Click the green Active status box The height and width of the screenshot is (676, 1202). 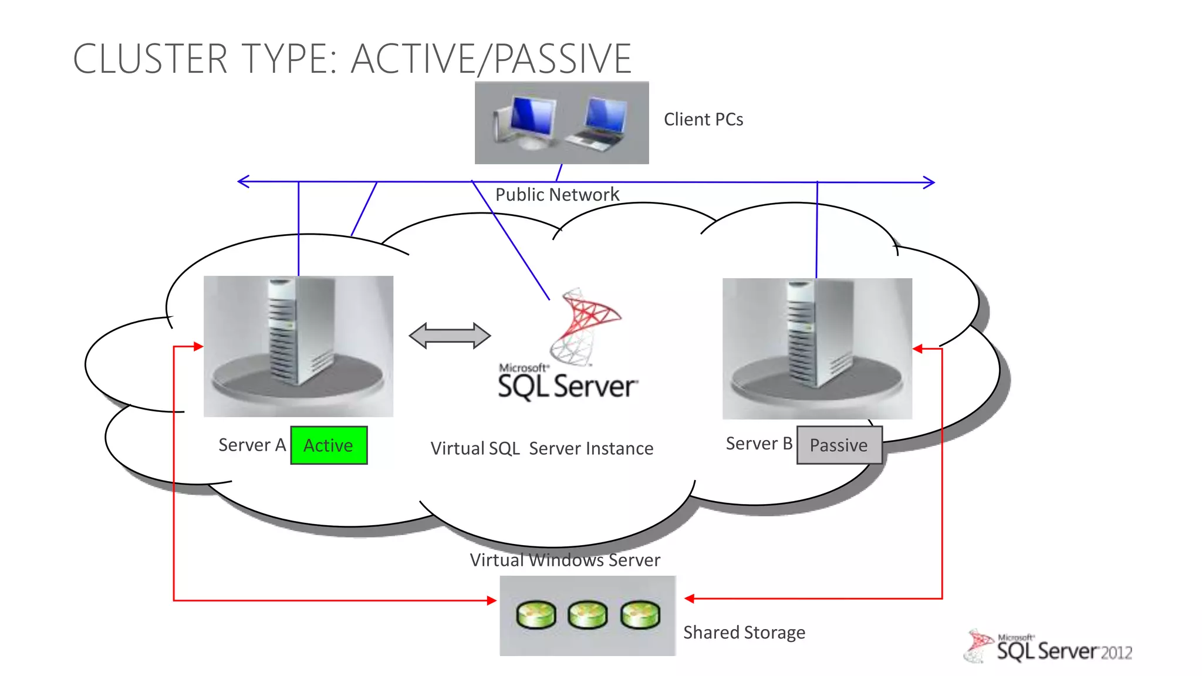click(329, 445)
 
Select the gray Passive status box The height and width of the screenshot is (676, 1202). click(839, 445)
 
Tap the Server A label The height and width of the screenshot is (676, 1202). click(252, 445)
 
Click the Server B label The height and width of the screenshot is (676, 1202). click(758, 444)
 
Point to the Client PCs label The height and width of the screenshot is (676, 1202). click(703, 120)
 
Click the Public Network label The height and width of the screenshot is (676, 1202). click(557, 194)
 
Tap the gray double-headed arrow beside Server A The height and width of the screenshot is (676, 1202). click(450, 336)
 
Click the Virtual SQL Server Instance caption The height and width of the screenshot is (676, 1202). click(542, 448)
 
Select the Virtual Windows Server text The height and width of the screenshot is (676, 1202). click(565, 560)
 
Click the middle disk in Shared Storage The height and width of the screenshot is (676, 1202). click(588, 615)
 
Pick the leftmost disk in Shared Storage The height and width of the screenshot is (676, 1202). click(536, 615)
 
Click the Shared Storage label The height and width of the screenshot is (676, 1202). click(744, 633)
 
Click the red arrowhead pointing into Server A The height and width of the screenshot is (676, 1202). click(198, 347)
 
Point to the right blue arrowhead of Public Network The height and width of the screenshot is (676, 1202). click(930, 182)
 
